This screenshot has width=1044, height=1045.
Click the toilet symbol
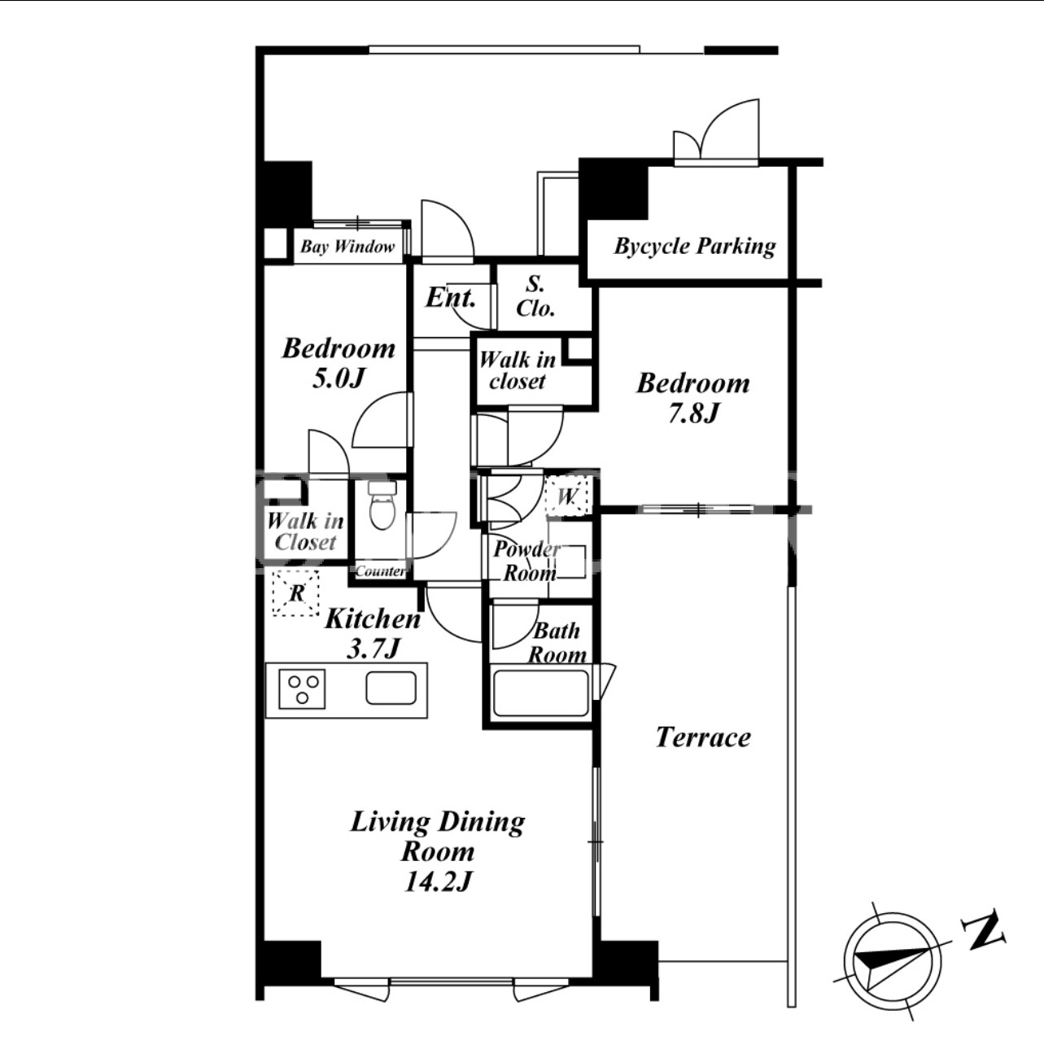coord(383,505)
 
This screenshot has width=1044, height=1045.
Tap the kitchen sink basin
coord(391,689)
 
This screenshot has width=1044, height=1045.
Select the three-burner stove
coord(302,689)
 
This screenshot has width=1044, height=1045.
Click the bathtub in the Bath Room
coord(540,694)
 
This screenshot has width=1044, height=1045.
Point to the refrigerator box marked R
coord(295,593)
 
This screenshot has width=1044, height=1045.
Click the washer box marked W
coord(566,495)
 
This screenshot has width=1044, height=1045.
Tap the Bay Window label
coord(347,247)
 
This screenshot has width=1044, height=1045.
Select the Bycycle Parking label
coord(695,247)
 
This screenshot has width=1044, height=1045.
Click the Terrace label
coord(703,737)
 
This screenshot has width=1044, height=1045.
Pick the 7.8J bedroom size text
coord(692,413)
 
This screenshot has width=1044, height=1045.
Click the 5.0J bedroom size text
coord(338,379)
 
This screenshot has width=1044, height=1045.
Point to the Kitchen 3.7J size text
coord(373,649)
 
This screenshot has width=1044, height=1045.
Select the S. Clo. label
coord(535,296)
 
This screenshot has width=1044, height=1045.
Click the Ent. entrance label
coord(451,297)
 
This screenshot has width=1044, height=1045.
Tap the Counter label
coord(380,571)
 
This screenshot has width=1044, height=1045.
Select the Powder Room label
coord(526,562)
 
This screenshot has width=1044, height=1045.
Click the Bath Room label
coord(557,643)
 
